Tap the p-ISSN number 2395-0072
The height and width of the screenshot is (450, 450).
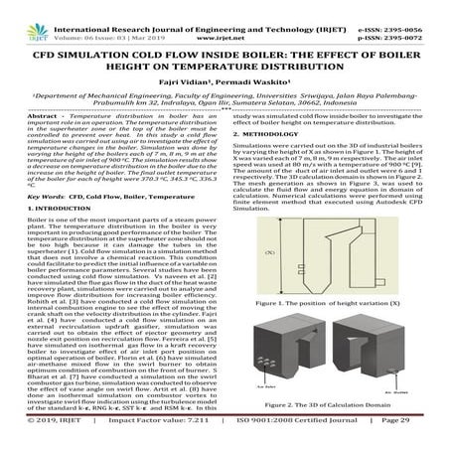click(409, 17)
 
